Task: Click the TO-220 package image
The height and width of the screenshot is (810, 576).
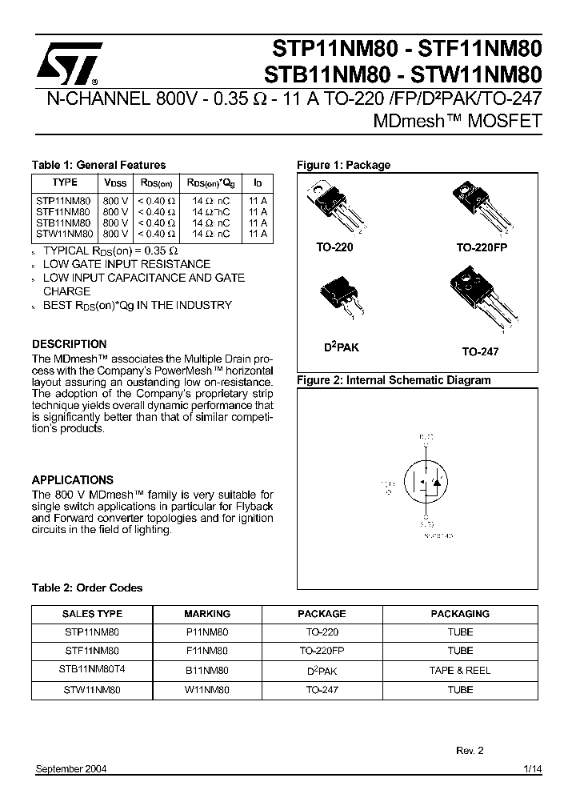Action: pyautogui.click(x=335, y=208)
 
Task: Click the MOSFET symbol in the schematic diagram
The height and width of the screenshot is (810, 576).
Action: pyautogui.click(x=426, y=485)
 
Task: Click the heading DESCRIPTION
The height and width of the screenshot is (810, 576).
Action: pyautogui.click(x=69, y=344)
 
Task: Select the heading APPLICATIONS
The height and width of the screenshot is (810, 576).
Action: pyautogui.click(x=72, y=480)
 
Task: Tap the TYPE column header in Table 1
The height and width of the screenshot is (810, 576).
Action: pyautogui.click(x=64, y=182)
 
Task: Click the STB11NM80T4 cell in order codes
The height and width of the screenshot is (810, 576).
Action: pyautogui.click(x=91, y=670)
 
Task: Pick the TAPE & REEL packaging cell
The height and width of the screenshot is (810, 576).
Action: pyautogui.click(x=460, y=670)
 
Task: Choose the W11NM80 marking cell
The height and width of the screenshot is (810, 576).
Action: pyautogui.click(x=206, y=689)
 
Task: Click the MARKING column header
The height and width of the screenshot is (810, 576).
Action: pyautogui.click(x=206, y=614)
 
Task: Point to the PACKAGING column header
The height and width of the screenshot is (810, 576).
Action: pyautogui.click(x=460, y=614)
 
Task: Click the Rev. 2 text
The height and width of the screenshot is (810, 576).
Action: pyautogui.click(x=470, y=750)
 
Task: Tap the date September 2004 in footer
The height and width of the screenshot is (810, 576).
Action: pyautogui.click(x=71, y=769)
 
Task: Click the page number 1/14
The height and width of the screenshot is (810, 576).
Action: pyautogui.click(x=532, y=769)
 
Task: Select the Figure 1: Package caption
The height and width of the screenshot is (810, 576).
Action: pyautogui.click(x=343, y=165)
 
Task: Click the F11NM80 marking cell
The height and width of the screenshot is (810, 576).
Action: pyautogui.click(x=206, y=651)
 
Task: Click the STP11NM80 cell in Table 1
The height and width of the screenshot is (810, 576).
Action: pyautogui.click(x=64, y=200)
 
